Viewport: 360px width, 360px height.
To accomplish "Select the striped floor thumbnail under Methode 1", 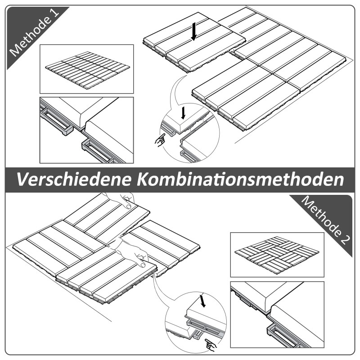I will coord(86,69).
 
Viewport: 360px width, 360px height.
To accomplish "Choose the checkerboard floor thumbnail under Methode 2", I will coord(277,254).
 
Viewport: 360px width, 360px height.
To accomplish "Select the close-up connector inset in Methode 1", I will coord(86,130).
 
